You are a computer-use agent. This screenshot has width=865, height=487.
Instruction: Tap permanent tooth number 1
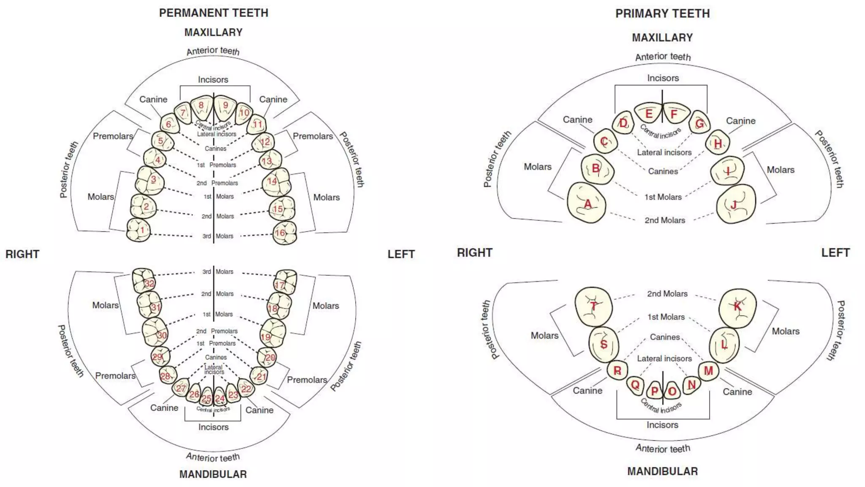(x=139, y=230)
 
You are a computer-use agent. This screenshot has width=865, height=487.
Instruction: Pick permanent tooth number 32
(x=144, y=281)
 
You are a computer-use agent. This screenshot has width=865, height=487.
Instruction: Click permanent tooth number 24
(x=220, y=397)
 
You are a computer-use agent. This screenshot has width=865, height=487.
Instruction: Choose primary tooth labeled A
(x=586, y=203)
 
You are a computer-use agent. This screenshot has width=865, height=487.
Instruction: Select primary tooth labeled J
(x=736, y=204)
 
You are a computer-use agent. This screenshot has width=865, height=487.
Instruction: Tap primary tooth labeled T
(x=593, y=306)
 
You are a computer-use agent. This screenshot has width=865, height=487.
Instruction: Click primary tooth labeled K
(x=737, y=308)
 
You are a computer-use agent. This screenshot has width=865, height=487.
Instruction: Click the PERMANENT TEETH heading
(x=213, y=13)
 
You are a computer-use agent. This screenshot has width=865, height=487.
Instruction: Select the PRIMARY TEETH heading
(x=662, y=14)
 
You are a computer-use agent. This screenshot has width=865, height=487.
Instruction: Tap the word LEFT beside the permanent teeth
(x=401, y=254)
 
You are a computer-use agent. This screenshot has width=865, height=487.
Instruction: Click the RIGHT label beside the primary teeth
(x=474, y=253)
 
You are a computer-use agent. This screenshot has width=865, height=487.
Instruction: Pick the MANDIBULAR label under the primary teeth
(x=662, y=471)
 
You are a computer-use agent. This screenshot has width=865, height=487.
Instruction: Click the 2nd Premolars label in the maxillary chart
(x=217, y=183)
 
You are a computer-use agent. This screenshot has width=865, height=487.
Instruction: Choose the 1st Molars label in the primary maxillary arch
(x=663, y=197)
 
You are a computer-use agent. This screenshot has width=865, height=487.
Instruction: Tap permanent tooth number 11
(x=257, y=124)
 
